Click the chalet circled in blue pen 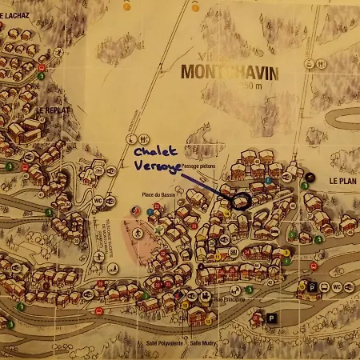click(x=239, y=201)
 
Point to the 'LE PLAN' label click(x=343, y=182)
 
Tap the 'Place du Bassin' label click(x=158, y=195)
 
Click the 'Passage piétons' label click(x=199, y=166)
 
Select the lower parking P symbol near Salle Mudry click(x=272, y=318)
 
